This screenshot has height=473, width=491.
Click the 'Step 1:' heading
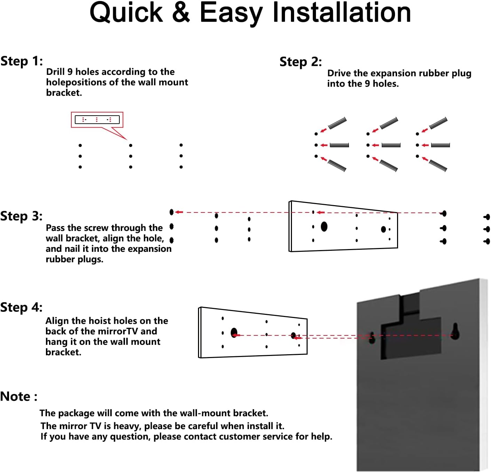point(22,61)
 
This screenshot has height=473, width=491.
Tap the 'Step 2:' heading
point(301,62)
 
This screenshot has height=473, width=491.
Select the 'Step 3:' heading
point(21,216)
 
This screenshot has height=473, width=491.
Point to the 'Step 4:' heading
point(21,308)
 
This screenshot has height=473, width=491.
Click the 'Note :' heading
point(18,397)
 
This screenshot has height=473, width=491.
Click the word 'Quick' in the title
point(126,13)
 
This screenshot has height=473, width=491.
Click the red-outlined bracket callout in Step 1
point(97,120)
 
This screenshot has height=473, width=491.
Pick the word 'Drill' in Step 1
point(55,72)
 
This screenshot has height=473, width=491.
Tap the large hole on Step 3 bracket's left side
point(324,227)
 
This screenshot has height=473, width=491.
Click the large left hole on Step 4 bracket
point(234,333)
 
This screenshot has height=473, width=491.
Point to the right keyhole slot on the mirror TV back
point(455,332)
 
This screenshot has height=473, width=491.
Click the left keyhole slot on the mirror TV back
point(372,337)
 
